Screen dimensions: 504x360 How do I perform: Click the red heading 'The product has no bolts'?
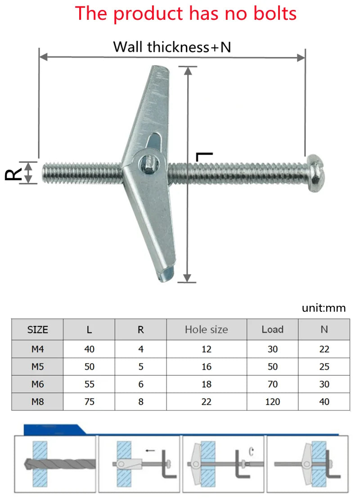185,13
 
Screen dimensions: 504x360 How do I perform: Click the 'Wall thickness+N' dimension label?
171,47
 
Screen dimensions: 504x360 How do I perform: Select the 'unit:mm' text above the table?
324,308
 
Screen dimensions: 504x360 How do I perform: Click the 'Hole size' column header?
206,329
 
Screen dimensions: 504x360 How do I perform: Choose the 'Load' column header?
272,329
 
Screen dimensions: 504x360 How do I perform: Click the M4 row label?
37,349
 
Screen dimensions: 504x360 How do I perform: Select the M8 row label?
37,401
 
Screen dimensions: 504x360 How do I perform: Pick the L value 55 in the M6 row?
89,384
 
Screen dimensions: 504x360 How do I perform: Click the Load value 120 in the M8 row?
272,401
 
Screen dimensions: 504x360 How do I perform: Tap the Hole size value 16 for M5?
206,367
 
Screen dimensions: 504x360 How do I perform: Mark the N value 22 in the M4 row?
324,349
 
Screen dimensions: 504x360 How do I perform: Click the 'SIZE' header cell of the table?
37,329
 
